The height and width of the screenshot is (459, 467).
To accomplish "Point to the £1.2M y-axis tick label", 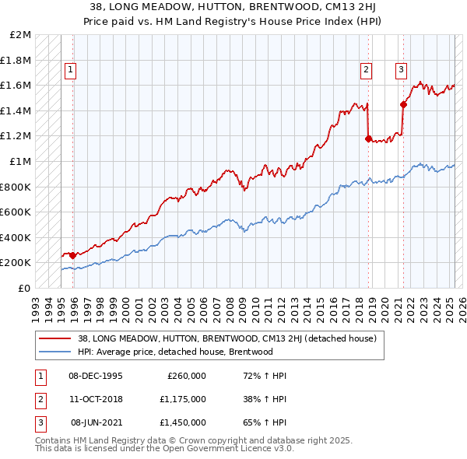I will tap(17, 136).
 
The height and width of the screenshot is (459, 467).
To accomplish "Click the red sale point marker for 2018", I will tap(368, 139).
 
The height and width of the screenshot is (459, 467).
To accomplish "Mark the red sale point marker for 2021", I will tap(403, 104).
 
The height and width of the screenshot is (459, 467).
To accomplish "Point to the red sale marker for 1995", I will tap(73, 255).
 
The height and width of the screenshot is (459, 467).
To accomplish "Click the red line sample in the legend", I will tap(54, 338).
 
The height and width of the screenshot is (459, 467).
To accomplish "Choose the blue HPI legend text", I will tap(175, 352).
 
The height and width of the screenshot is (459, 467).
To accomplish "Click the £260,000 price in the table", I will tap(187, 376).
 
